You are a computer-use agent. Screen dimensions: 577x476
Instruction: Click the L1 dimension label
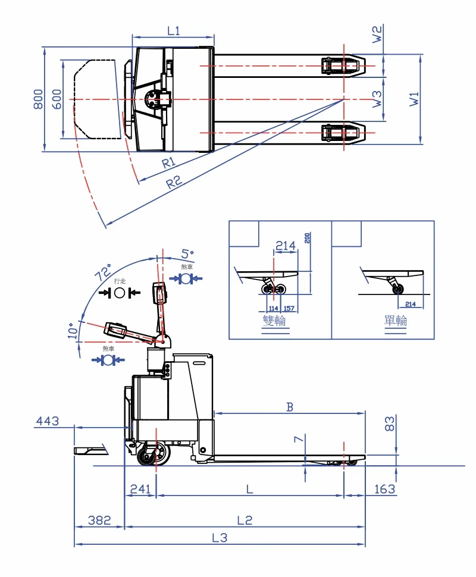tap(173, 31)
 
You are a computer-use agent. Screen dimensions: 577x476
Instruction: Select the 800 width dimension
tap(38, 99)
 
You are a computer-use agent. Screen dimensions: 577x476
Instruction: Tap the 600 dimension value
tap(57, 99)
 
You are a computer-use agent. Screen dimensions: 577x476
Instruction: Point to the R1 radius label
tap(168, 162)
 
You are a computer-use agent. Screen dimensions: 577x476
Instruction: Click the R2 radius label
tap(174, 182)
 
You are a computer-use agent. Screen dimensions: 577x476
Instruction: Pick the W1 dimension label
tap(415, 98)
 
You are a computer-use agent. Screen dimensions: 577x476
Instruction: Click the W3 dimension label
tap(377, 99)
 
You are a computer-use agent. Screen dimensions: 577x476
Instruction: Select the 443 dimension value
tap(48, 421)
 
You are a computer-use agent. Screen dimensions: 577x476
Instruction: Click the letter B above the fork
tap(290, 407)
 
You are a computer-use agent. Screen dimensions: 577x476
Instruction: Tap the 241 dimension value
tap(140, 488)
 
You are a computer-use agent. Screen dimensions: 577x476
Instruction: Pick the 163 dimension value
tap(385, 488)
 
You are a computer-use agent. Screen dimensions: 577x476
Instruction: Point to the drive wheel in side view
tap(152, 455)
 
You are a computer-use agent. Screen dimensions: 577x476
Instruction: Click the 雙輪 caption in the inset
tap(274, 321)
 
